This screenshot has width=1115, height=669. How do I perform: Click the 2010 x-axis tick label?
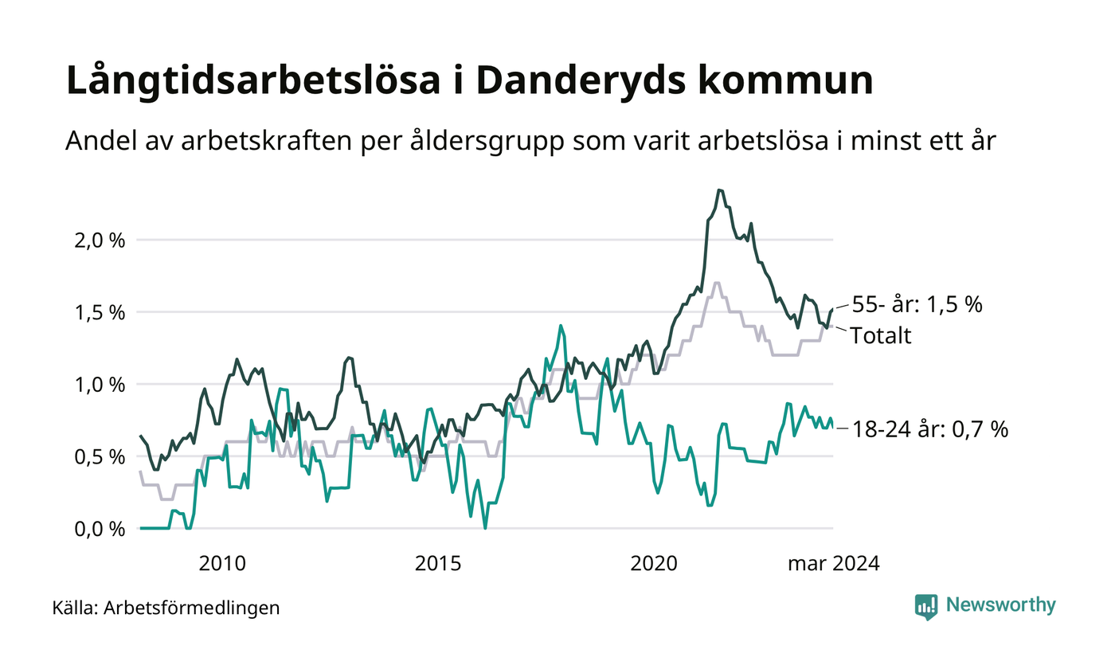(x=222, y=564)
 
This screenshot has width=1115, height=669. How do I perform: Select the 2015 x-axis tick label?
(x=438, y=564)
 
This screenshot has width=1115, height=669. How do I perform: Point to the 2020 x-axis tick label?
(x=654, y=564)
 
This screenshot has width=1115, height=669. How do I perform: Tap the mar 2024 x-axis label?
(x=834, y=564)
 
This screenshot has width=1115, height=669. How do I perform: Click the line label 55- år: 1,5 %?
(x=917, y=305)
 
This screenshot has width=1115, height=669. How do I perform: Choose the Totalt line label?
(x=881, y=335)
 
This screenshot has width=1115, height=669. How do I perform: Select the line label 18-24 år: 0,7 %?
(x=930, y=429)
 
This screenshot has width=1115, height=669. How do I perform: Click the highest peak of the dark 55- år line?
(x=720, y=190)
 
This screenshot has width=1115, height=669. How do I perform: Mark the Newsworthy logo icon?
(x=926, y=606)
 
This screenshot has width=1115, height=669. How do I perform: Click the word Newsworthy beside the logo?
(x=1000, y=605)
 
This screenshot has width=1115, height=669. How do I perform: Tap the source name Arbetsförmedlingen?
(x=192, y=608)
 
